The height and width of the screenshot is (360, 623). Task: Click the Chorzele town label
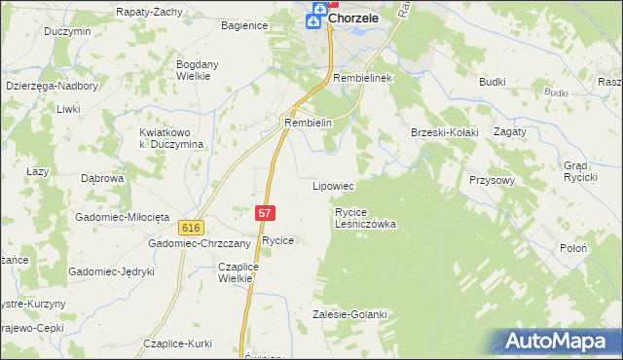[352, 18]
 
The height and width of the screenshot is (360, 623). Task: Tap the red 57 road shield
[265, 211]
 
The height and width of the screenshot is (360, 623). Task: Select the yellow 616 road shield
[191, 227]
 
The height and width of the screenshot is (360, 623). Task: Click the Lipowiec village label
[332, 185]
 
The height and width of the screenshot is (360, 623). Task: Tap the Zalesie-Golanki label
[349, 314]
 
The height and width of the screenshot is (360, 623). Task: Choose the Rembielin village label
[309, 124]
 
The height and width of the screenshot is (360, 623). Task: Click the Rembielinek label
[361, 77]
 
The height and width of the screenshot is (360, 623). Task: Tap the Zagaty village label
[509, 131]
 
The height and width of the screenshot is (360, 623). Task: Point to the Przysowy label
[490, 181]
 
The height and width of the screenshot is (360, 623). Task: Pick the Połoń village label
[573, 248]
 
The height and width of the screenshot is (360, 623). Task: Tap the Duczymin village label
[67, 30]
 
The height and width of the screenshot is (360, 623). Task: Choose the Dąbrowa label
[101, 179]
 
